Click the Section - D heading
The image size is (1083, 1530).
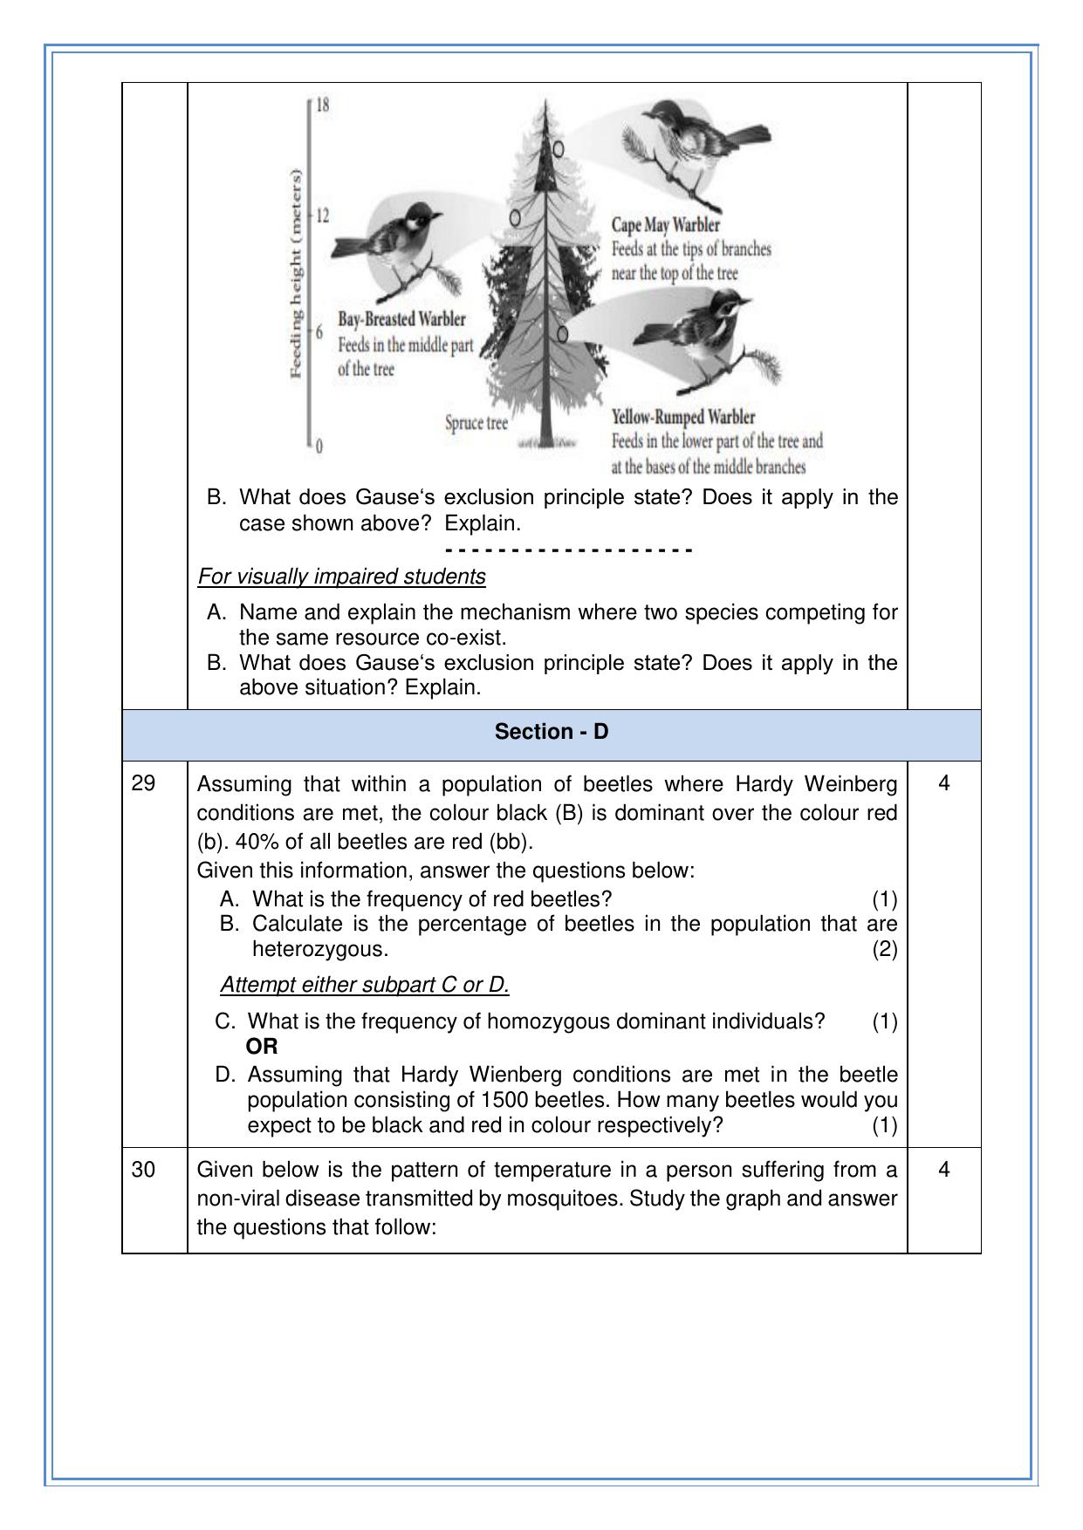551,732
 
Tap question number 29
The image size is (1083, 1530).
143,783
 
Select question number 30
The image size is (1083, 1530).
143,1170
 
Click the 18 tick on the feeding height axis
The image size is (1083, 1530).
322,106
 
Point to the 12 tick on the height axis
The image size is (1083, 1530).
322,215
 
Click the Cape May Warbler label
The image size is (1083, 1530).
665,226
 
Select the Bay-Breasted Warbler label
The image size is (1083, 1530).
401,319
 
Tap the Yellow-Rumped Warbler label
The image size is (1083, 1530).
682,417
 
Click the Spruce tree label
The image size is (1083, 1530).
476,423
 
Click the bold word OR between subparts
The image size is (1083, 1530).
262,1047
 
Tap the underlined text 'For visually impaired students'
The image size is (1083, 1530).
341,577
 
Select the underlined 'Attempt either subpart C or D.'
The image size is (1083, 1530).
365,985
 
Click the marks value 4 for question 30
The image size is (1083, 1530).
943,1170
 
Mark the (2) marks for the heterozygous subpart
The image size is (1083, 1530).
884,949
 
